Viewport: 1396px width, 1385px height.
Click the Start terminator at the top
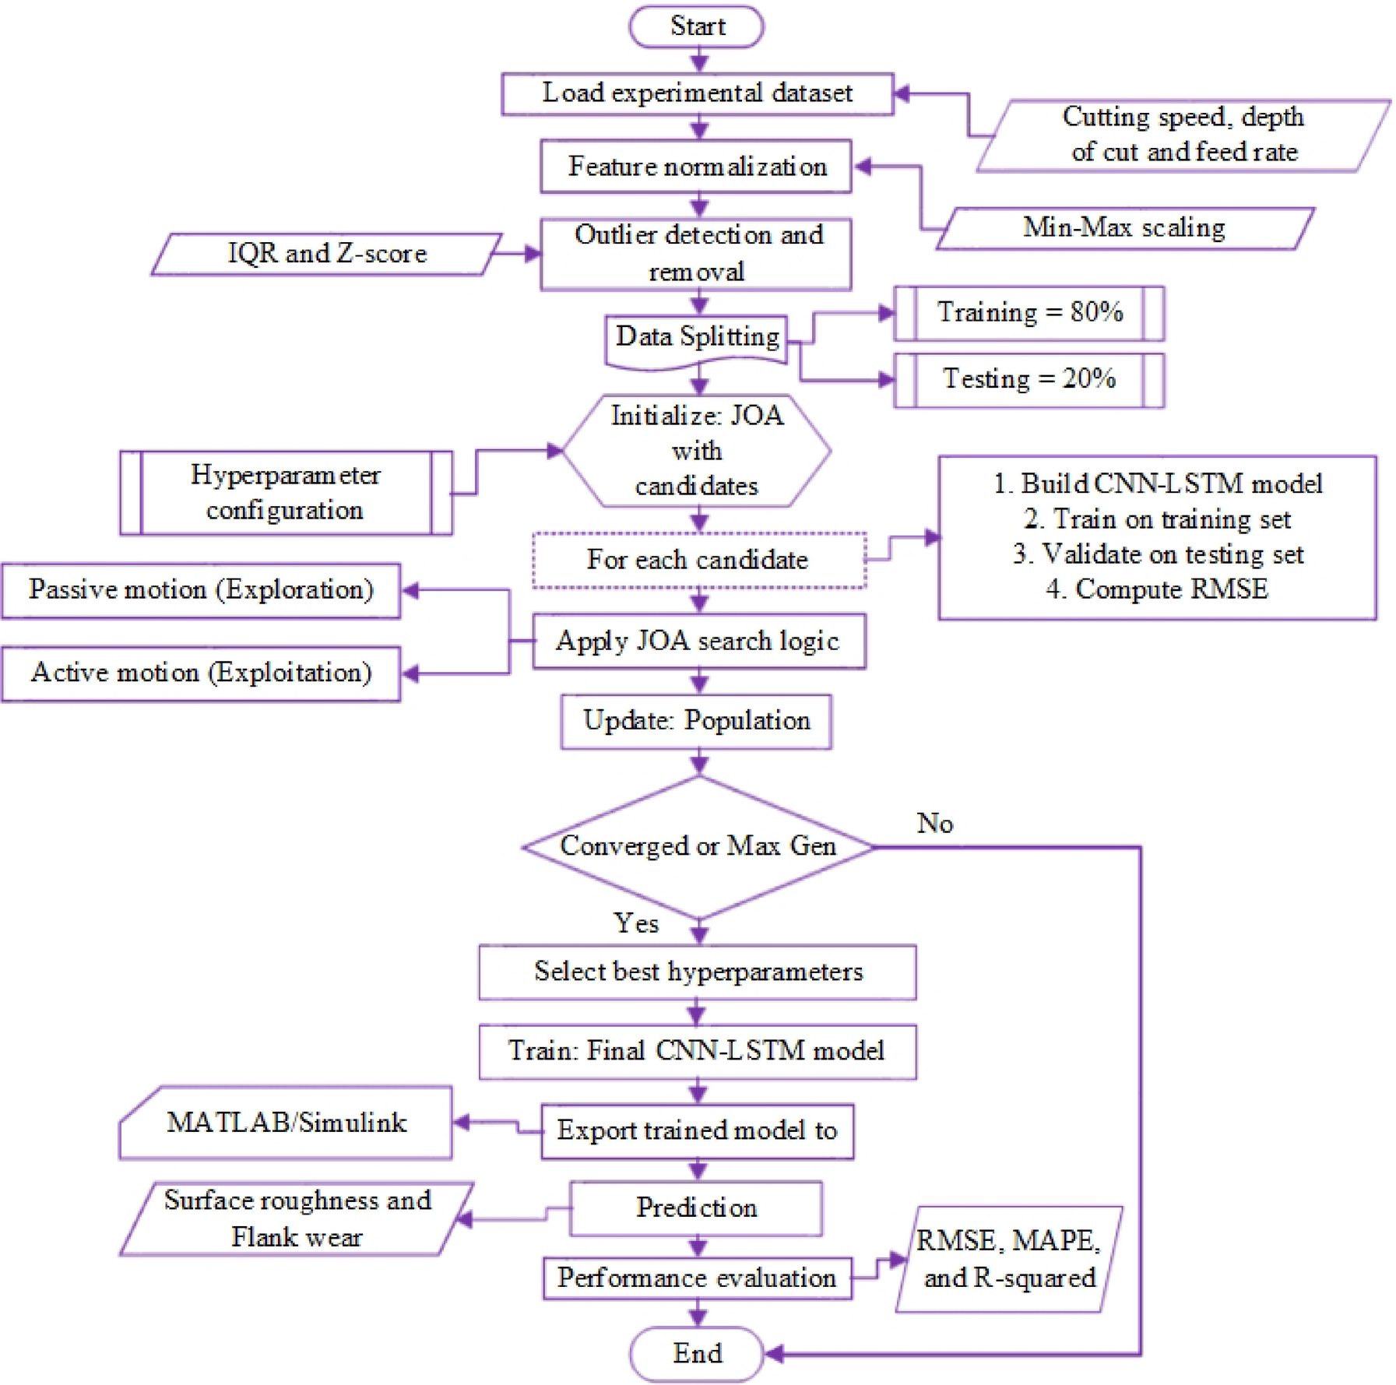pyautogui.click(x=697, y=26)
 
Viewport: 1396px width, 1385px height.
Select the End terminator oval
pyautogui.click(x=697, y=1353)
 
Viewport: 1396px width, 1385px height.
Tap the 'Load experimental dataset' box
pyautogui.click(x=697, y=93)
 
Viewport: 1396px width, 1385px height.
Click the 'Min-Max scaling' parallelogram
pyautogui.click(x=1124, y=227)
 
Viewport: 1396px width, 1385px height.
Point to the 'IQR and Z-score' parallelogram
pyautogui.click(x=327, y=254)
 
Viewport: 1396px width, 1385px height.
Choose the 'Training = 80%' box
pyautogui.click(x=1029, y=313)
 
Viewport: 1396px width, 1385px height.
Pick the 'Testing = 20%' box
pyautogui.click(x=1029, y=379)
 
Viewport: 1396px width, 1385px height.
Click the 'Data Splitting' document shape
pyautogui.click(x=697, y=338)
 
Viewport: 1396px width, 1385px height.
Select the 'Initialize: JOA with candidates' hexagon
pyautogui.click(x=697, y=451)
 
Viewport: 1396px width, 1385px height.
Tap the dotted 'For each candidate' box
pyautogui.click(x=698, y=560)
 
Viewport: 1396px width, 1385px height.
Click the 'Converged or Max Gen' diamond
pyautogui.click(x=698, y=846)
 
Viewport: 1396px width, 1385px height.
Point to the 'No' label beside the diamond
pyautogui.click(x=935, y=823)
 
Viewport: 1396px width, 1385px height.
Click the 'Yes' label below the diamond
pyautogui.click(x=636, y=923)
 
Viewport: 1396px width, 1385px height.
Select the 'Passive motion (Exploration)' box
pyautogui.click(x=201, y=590)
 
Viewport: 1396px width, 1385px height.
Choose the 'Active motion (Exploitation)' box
pyautogui.click(x=201, y=673)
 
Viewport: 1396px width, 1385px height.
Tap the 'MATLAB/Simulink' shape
pyautogui.click(x=287, y=1123)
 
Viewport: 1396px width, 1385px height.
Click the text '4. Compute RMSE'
pyautogui.click(x=1157, y=589)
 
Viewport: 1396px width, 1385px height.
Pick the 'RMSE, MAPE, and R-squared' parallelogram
pyautogui.click(x=1009, y=1259)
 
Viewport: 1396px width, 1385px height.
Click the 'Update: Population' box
pyautogui.click(x=697, y=721)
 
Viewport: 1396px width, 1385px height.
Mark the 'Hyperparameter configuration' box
pyautogui.click(x=286, y=492)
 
